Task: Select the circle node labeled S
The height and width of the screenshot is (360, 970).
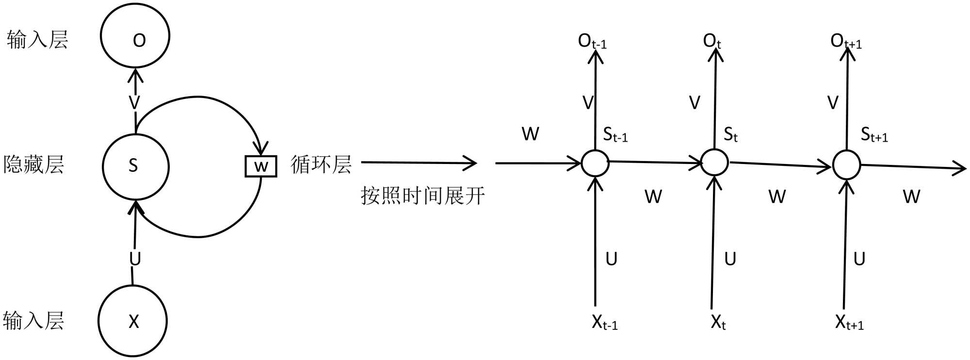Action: coord(135,166)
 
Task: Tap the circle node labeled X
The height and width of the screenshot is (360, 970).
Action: coord(132,321)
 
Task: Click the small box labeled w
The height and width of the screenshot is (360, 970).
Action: coord(261,166)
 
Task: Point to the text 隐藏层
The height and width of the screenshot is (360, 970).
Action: coord(33,164)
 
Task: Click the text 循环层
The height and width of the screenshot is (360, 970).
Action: coord(321,164)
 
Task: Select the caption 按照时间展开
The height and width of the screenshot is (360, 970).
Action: coord(422,196)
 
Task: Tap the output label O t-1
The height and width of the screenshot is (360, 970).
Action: coord(592,42)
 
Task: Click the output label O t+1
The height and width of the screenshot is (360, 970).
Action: coord(846,42)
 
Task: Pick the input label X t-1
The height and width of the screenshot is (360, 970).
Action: coord(604,322)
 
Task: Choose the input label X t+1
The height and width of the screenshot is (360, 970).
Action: coord(849,322)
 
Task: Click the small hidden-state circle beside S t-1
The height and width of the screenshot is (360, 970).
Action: coord(595,163)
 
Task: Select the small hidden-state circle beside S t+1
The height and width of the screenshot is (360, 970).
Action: coord(846,165)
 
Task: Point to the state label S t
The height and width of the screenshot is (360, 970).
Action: coord(730,134)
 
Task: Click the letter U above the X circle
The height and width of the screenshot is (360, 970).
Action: coord(135,259)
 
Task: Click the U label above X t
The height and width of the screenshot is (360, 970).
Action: coord(730,259)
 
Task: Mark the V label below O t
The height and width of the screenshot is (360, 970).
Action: coord(695,103)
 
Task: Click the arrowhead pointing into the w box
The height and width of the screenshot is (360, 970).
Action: coord(261,148)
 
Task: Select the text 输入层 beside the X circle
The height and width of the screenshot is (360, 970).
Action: coord(33,321)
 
